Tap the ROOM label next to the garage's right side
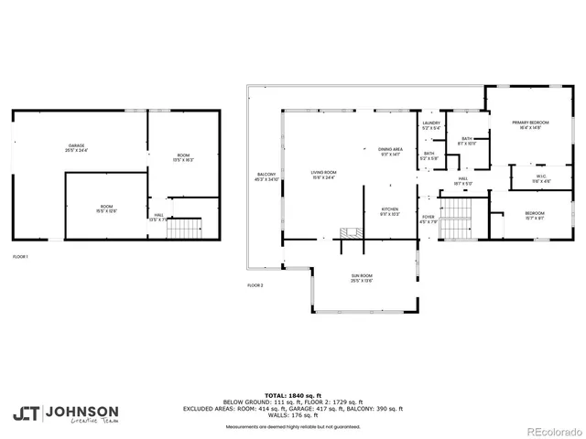(184, 156)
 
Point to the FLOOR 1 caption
(20, 257)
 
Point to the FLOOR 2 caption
(255, 286)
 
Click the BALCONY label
(266, 177)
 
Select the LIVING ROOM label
(324, 175)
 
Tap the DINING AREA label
(391, 152)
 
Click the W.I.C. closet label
(517, 179)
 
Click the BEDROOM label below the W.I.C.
(535, 215)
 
